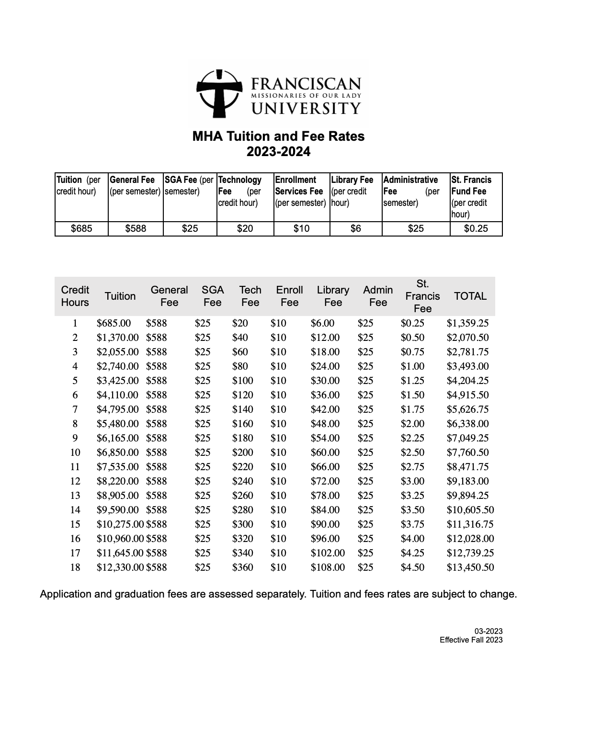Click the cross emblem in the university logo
click(218, 93)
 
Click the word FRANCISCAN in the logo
click(306, 84)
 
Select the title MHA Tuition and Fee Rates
click(278, 136)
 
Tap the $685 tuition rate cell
click(81, 228)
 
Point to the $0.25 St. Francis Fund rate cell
click(476, 228)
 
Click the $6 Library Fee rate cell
click(355, 228)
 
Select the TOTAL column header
click(470, 296)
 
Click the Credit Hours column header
click(75, 296)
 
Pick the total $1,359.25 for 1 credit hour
click(467, 323)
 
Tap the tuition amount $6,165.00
click(117, 438)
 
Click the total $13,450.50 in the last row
click(470, 567)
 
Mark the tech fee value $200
click(242, 452)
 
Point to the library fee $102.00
click(328, 553)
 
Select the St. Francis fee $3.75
click(412, 524)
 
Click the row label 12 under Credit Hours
click(75, 481)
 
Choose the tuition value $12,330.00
click(120, 567)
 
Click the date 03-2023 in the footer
click(489, 631)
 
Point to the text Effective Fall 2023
click(471, 640)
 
